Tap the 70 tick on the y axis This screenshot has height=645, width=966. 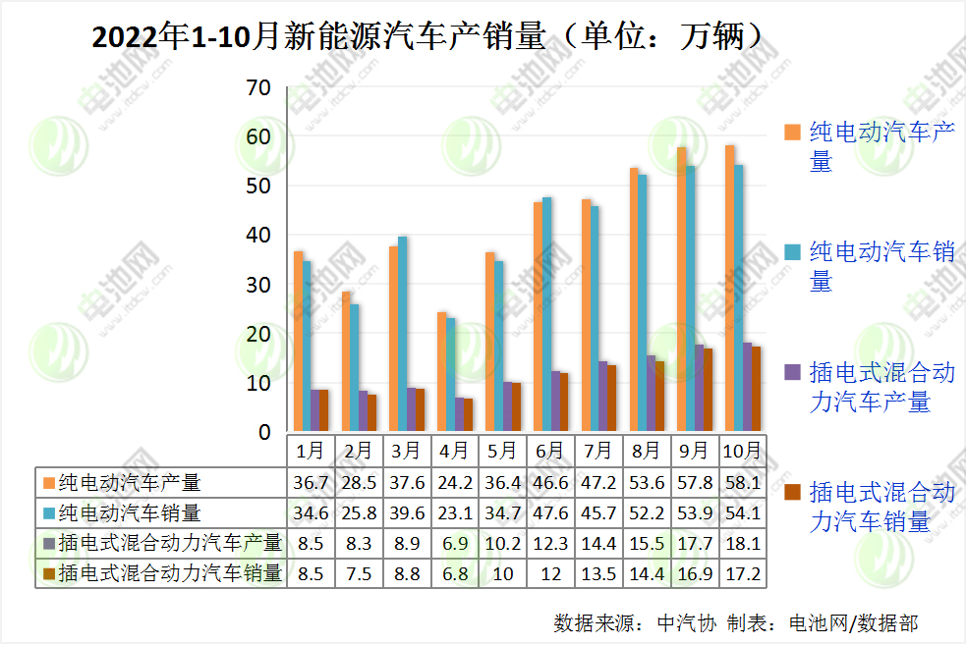[258, 87]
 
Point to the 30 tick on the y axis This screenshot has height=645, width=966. [258, 285]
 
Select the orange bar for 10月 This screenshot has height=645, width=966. [728, 289]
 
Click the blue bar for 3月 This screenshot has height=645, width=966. [402, 334]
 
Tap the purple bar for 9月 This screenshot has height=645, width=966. [699, 388]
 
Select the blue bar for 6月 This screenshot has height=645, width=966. [546, 314]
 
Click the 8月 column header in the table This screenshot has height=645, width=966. [646, 451]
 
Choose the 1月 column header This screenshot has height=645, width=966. [310, 451]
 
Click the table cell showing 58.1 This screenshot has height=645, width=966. [742, 482]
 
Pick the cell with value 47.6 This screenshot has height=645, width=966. [549, 512]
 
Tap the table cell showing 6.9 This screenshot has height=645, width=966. [453, 543]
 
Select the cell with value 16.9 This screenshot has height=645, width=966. [694, 573]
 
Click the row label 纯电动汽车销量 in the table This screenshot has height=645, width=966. [129, 512]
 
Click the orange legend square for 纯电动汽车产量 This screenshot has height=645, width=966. [791, 132]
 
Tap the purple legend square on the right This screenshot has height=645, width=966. [791, 372]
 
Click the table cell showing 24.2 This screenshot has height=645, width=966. [453, 482]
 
